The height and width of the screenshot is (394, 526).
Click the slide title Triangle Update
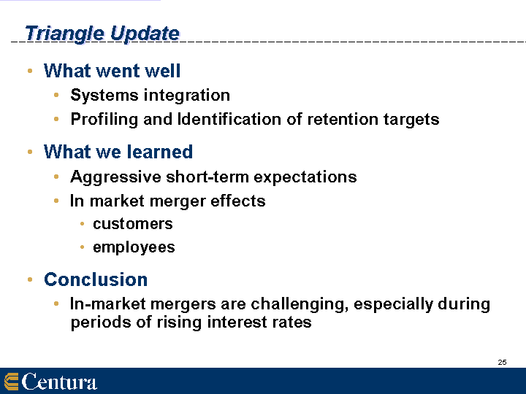102,34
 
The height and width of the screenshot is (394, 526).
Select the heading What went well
112,71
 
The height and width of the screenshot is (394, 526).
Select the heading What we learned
118,152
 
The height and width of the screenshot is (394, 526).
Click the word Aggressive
115,177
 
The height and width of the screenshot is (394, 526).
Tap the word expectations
305,177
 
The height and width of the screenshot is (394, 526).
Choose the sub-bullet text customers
133,224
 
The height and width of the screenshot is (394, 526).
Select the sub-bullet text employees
134,248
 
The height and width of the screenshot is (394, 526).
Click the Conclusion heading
96,279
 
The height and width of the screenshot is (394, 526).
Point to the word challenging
300,304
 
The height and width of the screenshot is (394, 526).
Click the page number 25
502,362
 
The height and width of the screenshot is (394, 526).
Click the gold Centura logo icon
11,382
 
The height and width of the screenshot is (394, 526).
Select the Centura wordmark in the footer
59,382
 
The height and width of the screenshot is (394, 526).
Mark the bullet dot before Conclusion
30,279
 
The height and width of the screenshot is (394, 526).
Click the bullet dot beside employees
82,247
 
